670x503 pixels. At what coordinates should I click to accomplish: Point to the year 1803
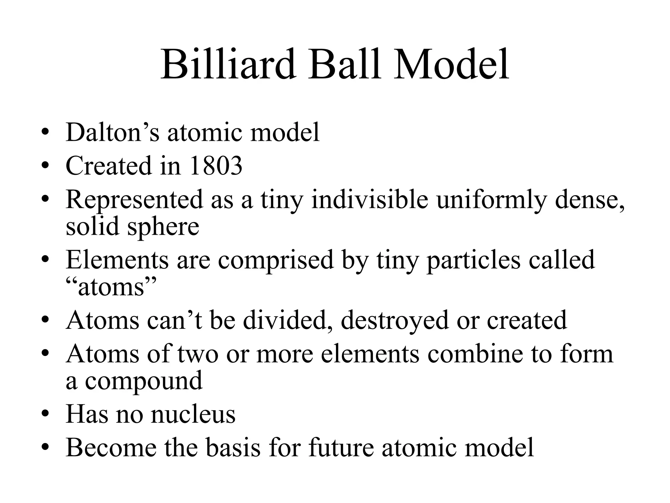point(216,166)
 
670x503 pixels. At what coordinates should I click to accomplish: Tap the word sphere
point(163,227)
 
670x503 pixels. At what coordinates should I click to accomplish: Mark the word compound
point(144,381)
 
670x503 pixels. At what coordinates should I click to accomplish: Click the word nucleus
point(193,414)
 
